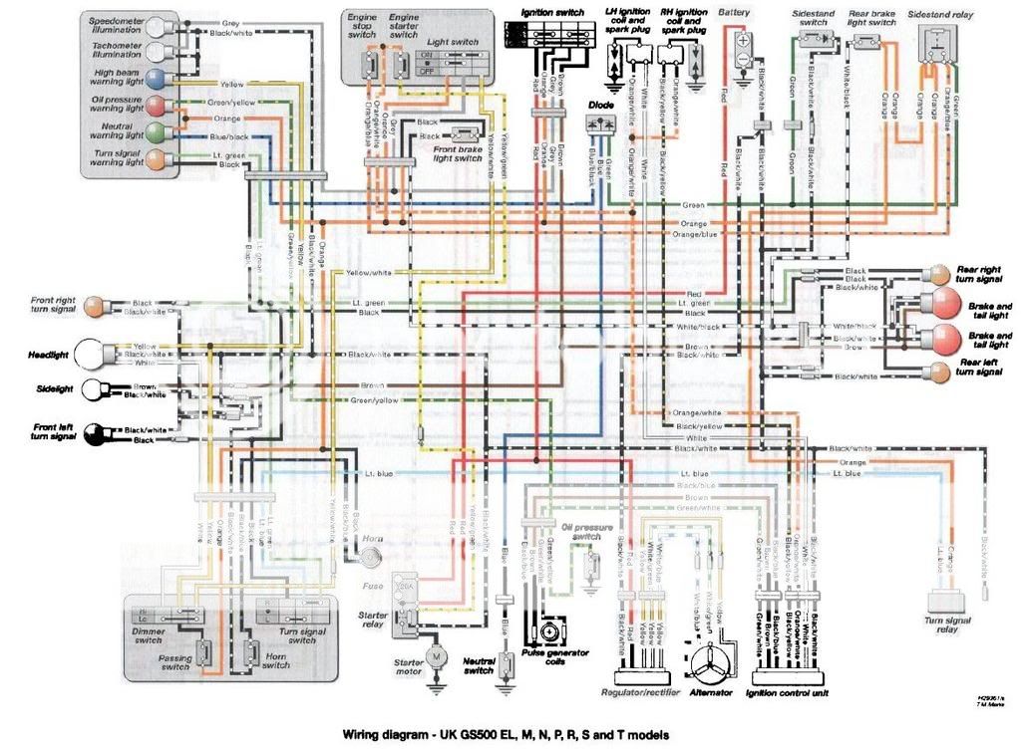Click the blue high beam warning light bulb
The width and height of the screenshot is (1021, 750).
(x=157, y=79)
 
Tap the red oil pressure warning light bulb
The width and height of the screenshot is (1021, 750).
(x=157, y=106)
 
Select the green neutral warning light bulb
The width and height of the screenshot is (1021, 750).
(x=157, y=131)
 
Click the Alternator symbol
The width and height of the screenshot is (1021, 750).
(x=711, y=662)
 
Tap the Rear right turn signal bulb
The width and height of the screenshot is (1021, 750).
(x=939, y=274)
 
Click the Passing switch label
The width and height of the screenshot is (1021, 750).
(x=175, y=660)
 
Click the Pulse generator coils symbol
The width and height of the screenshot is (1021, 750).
(x=548, y=632)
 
